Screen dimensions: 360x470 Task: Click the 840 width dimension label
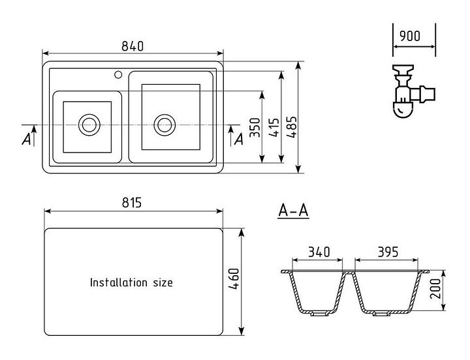132,46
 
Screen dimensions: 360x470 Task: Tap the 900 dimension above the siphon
409,36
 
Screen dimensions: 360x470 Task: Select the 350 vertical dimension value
255,127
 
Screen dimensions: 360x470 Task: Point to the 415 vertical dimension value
274,127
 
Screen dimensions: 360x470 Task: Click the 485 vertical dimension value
293,127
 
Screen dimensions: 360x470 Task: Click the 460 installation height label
236,280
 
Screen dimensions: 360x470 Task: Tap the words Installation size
131,282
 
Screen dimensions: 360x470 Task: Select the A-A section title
294,210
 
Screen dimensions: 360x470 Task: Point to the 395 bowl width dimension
388,252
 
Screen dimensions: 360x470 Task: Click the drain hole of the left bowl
87,123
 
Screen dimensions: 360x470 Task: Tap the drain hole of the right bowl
164,123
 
